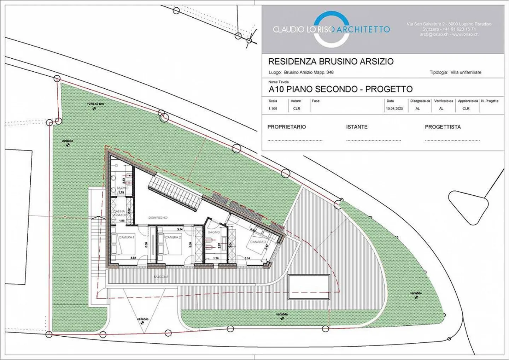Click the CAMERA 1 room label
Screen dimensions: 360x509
126,237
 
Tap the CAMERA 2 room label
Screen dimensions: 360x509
173,237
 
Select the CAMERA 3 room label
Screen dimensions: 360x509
258,242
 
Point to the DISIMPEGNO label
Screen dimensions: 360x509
158,218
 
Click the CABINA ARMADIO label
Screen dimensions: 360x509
120,213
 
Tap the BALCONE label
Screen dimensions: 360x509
161,277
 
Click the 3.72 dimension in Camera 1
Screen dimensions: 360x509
133,258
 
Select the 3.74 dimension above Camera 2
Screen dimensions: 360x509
180,230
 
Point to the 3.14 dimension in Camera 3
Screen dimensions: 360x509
247,258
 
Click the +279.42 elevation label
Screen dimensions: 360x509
95,104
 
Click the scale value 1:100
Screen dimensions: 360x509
273,108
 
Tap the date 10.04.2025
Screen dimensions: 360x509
394,108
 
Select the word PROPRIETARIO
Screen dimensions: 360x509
287,127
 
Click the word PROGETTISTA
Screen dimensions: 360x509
443,127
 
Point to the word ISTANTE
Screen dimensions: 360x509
357,127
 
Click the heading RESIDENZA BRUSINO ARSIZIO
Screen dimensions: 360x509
330,61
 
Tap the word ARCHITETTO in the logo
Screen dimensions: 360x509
362,29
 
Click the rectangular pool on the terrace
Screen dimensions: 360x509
309,287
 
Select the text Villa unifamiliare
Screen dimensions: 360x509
466,72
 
